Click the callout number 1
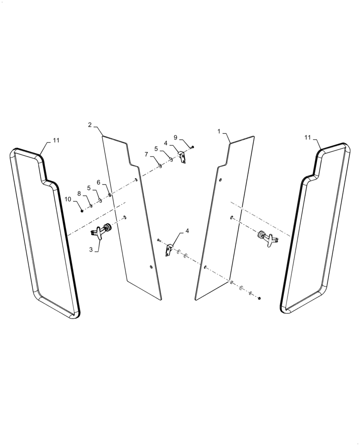click(219, 132)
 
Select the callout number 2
click(90, 125)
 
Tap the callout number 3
click(91, 250)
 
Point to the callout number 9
click(176, 137)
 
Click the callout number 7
click(146, 154)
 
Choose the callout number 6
click(98, 182)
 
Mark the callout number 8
click(79, 193)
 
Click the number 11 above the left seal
click(56, 140)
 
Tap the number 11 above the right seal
click(307, 138)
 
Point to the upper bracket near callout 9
click(182, 157)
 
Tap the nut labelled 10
click(82, 211)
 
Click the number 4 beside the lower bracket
click(187, 231)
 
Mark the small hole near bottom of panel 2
click(151, 267)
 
